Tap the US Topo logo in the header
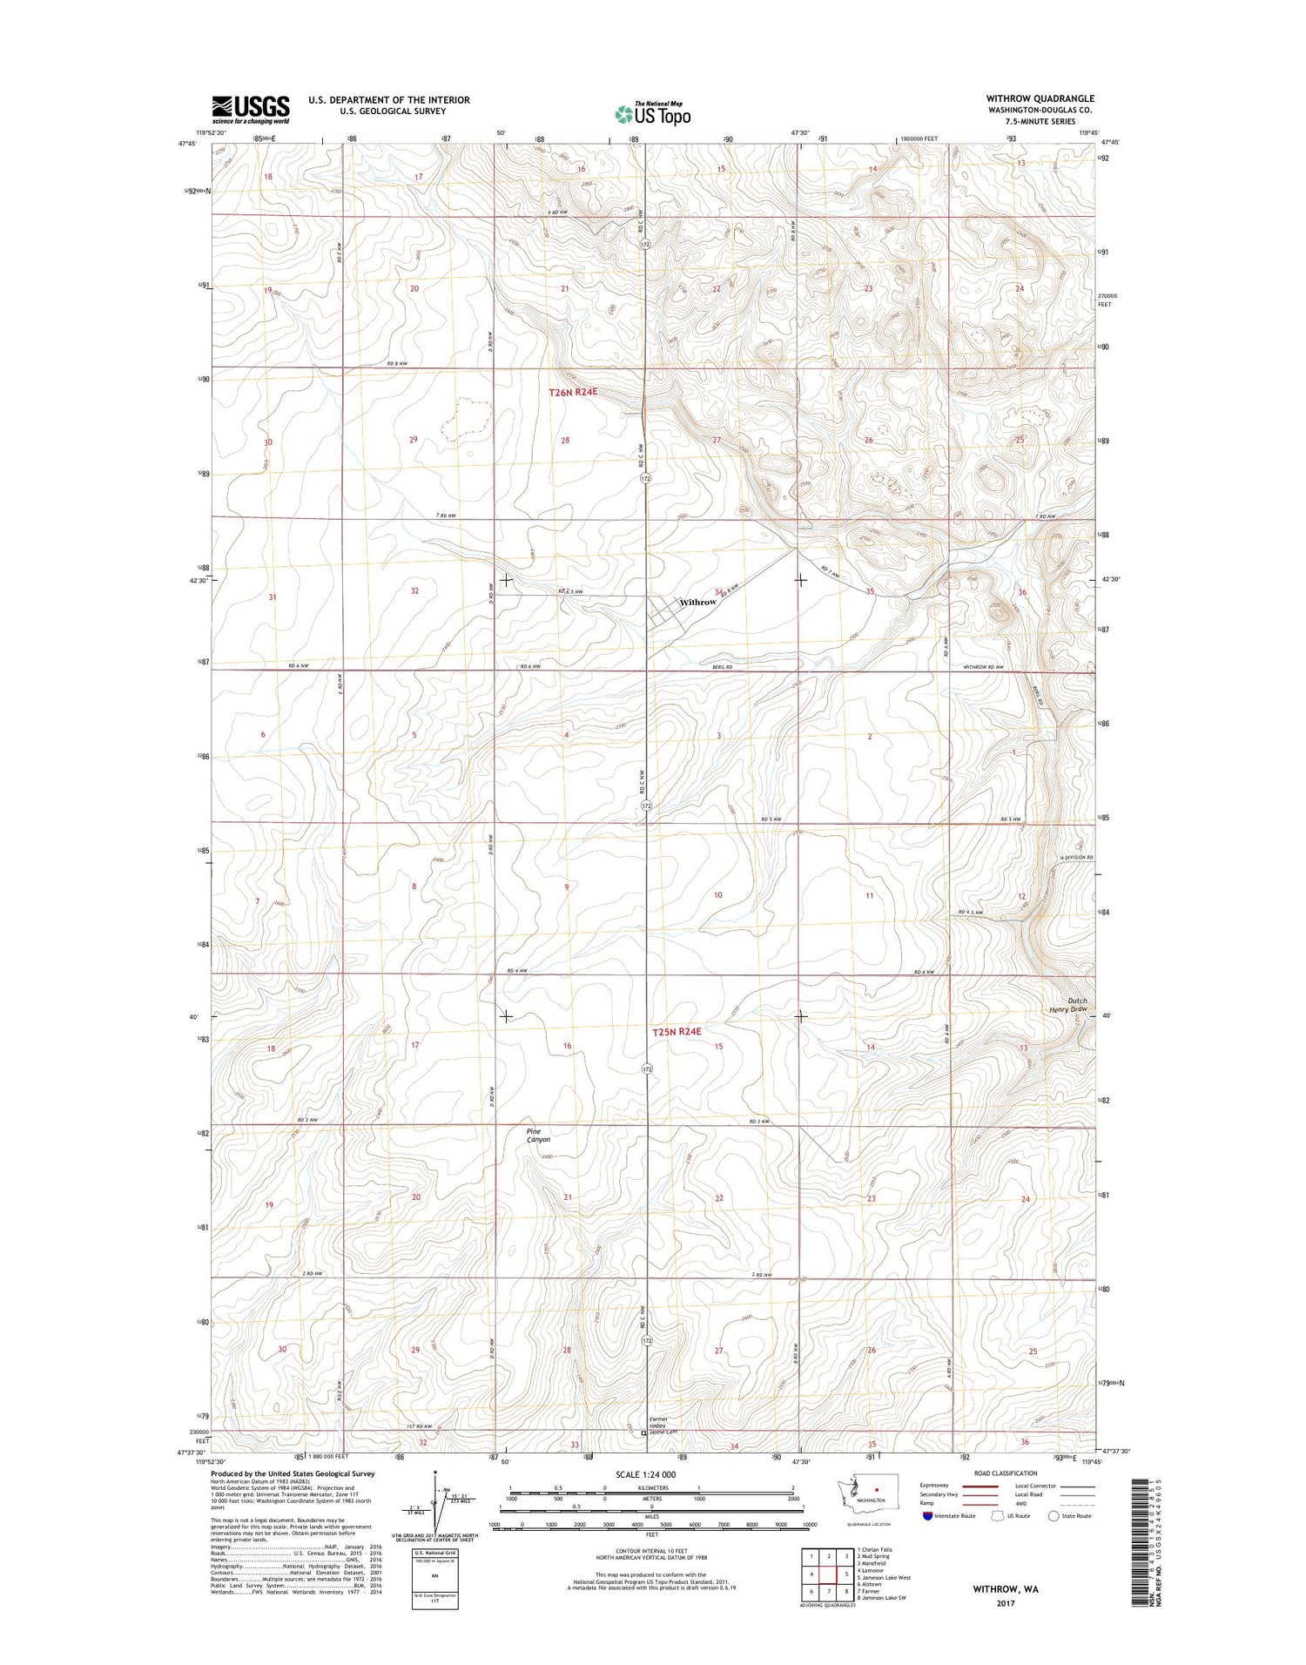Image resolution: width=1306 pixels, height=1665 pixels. [x=653, y=113]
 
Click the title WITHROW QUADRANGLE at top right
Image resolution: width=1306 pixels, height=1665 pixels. [x=1040, y=99]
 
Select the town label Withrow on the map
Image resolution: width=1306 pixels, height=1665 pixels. [x=697, y=602]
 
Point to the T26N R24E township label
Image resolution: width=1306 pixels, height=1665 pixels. [x=573, y=393]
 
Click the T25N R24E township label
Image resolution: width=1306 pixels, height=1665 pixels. [x=677, y=1032]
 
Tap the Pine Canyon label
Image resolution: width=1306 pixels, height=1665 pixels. [x=539, y=1135]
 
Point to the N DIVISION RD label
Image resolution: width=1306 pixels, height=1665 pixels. [x=1076, y=858]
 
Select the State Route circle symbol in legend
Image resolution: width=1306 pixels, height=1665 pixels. [x=1053, y=1515]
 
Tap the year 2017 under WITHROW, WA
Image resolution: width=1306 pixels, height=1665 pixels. [x=1006, y=1602]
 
